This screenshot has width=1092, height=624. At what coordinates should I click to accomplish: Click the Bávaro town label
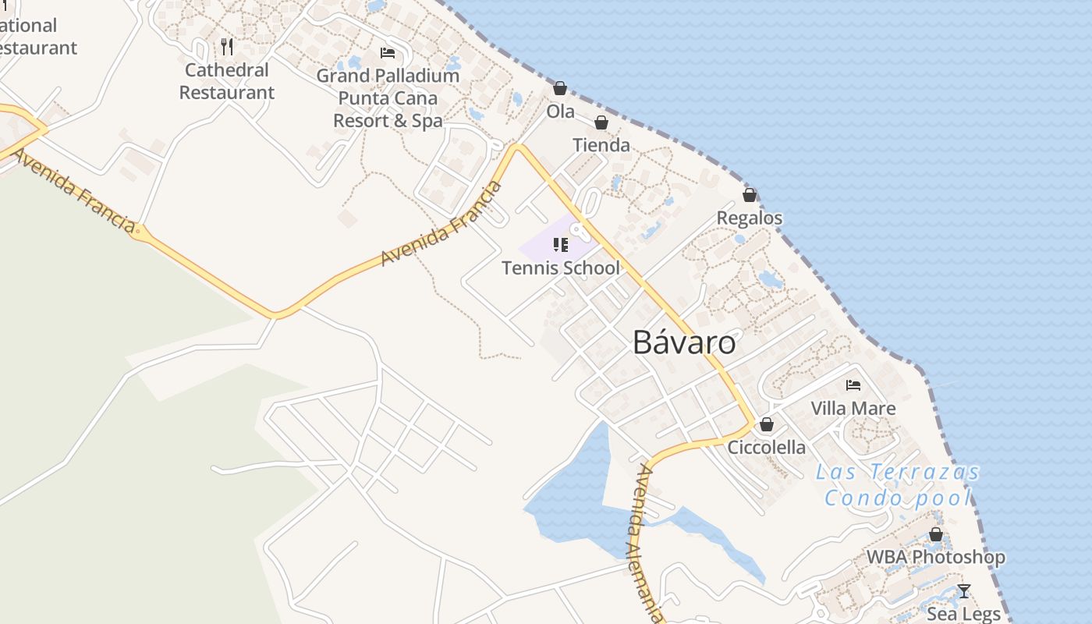(684, 342)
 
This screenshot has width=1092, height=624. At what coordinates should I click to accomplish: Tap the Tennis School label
(561, 268)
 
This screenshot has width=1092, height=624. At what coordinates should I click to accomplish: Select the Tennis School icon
(561, 245)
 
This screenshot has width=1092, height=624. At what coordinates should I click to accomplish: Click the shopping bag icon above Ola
(560, 88)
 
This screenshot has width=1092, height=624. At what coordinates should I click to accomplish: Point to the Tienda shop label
(601, 145)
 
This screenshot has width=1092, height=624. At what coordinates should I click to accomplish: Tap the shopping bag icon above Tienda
(601, 122)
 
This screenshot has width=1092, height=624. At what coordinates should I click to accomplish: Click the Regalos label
(749, 218)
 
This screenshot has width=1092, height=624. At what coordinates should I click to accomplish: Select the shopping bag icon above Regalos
(750, 195)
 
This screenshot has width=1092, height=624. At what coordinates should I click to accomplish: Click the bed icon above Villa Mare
(853, 385)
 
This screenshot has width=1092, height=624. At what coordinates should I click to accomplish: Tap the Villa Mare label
(853, 408)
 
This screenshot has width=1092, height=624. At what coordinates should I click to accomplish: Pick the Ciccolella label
(767, 447)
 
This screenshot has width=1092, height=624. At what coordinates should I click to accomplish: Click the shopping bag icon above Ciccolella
(767, 424)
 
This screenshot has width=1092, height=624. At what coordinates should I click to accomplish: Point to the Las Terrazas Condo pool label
(898, 484)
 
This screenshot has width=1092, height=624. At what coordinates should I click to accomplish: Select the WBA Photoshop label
(936, 557)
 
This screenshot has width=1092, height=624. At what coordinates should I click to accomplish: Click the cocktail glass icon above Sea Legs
(964, 591)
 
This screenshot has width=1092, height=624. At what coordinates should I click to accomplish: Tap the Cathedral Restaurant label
(227, 81)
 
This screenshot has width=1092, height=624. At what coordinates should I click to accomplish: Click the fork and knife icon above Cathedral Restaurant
(227, 47)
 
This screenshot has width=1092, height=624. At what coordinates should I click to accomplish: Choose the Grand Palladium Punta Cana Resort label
(388, 98)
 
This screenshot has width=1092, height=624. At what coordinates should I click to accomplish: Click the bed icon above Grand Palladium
(388, 53)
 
